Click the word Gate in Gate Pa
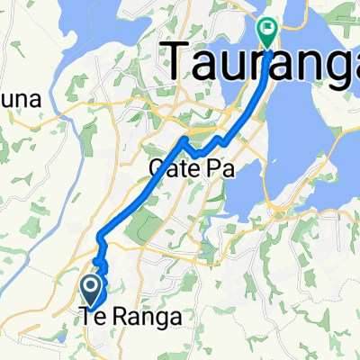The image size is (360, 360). [166, 167]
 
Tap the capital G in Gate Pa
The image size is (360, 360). [154, 167]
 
